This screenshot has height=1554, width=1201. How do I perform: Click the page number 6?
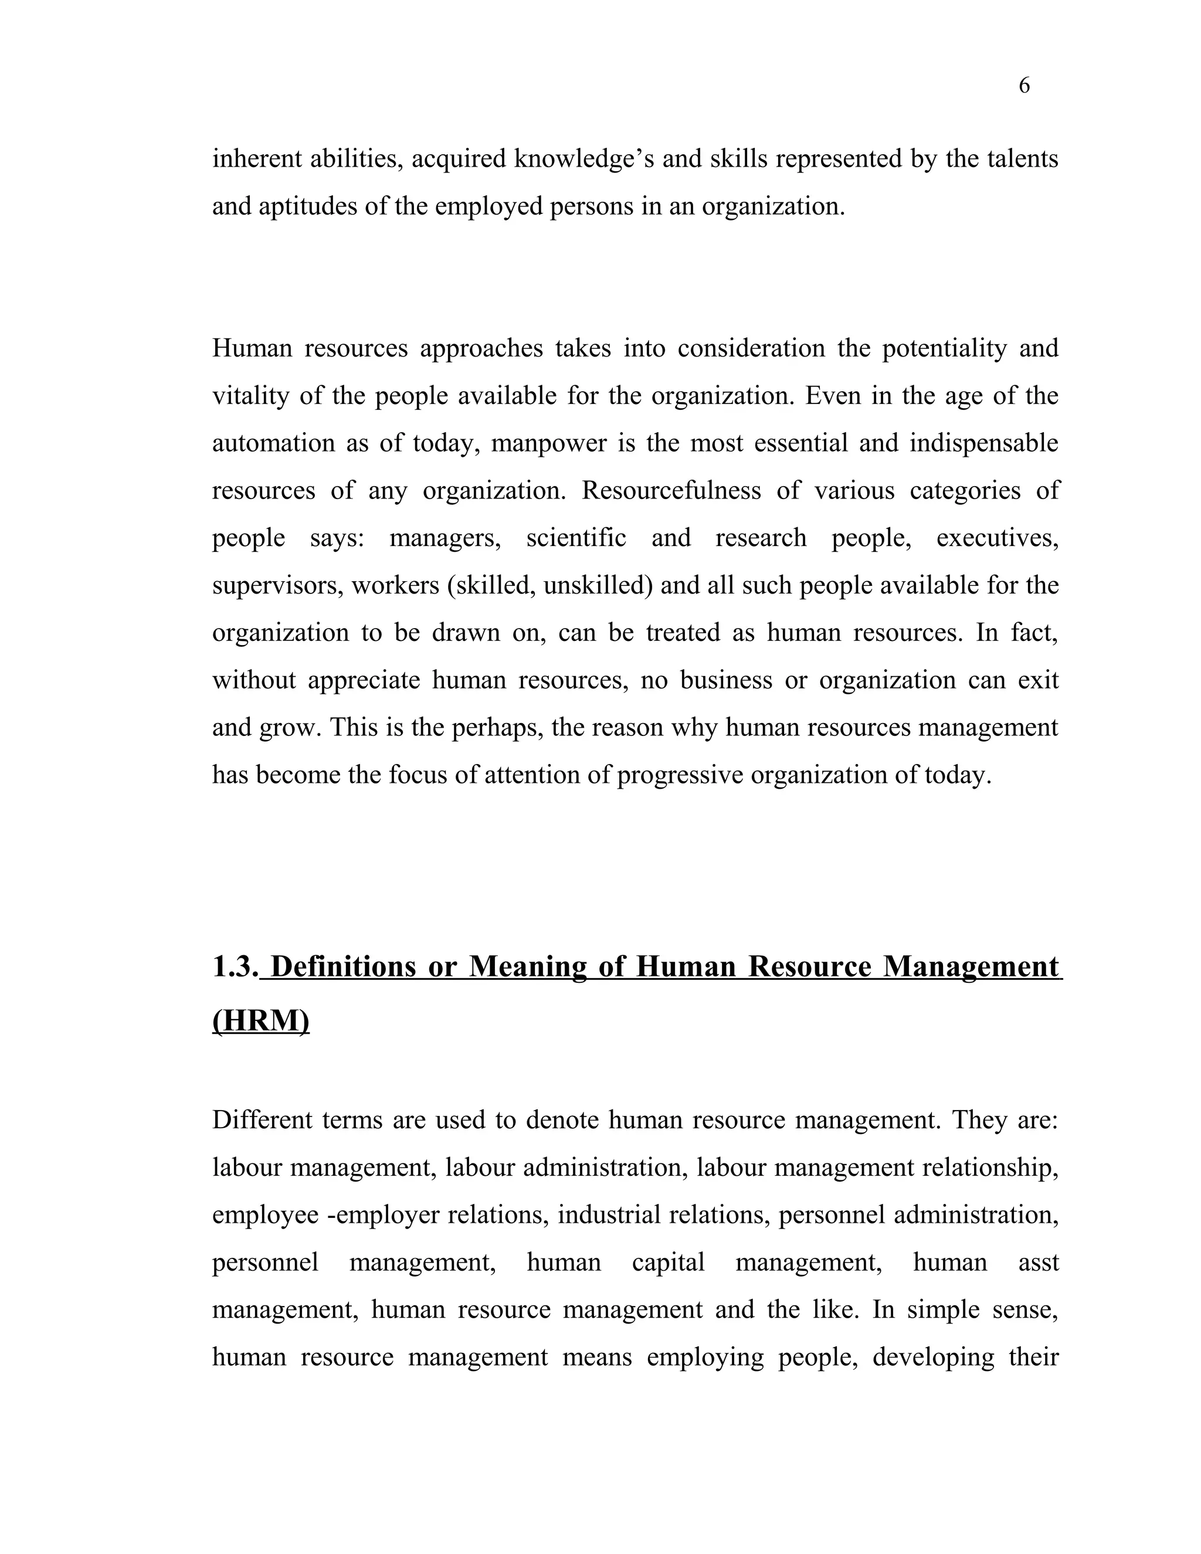click(1024, 86)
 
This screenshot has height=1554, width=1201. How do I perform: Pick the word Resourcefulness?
click(671, 491)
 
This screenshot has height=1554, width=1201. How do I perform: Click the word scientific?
click(576, 538)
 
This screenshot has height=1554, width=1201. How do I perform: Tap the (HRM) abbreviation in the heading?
click(260, 1021)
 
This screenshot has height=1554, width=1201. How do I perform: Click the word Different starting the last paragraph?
click(262, 1121)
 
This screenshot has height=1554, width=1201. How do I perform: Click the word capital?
click(667, 1263)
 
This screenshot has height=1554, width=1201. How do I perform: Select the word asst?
click(1038, 1263)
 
